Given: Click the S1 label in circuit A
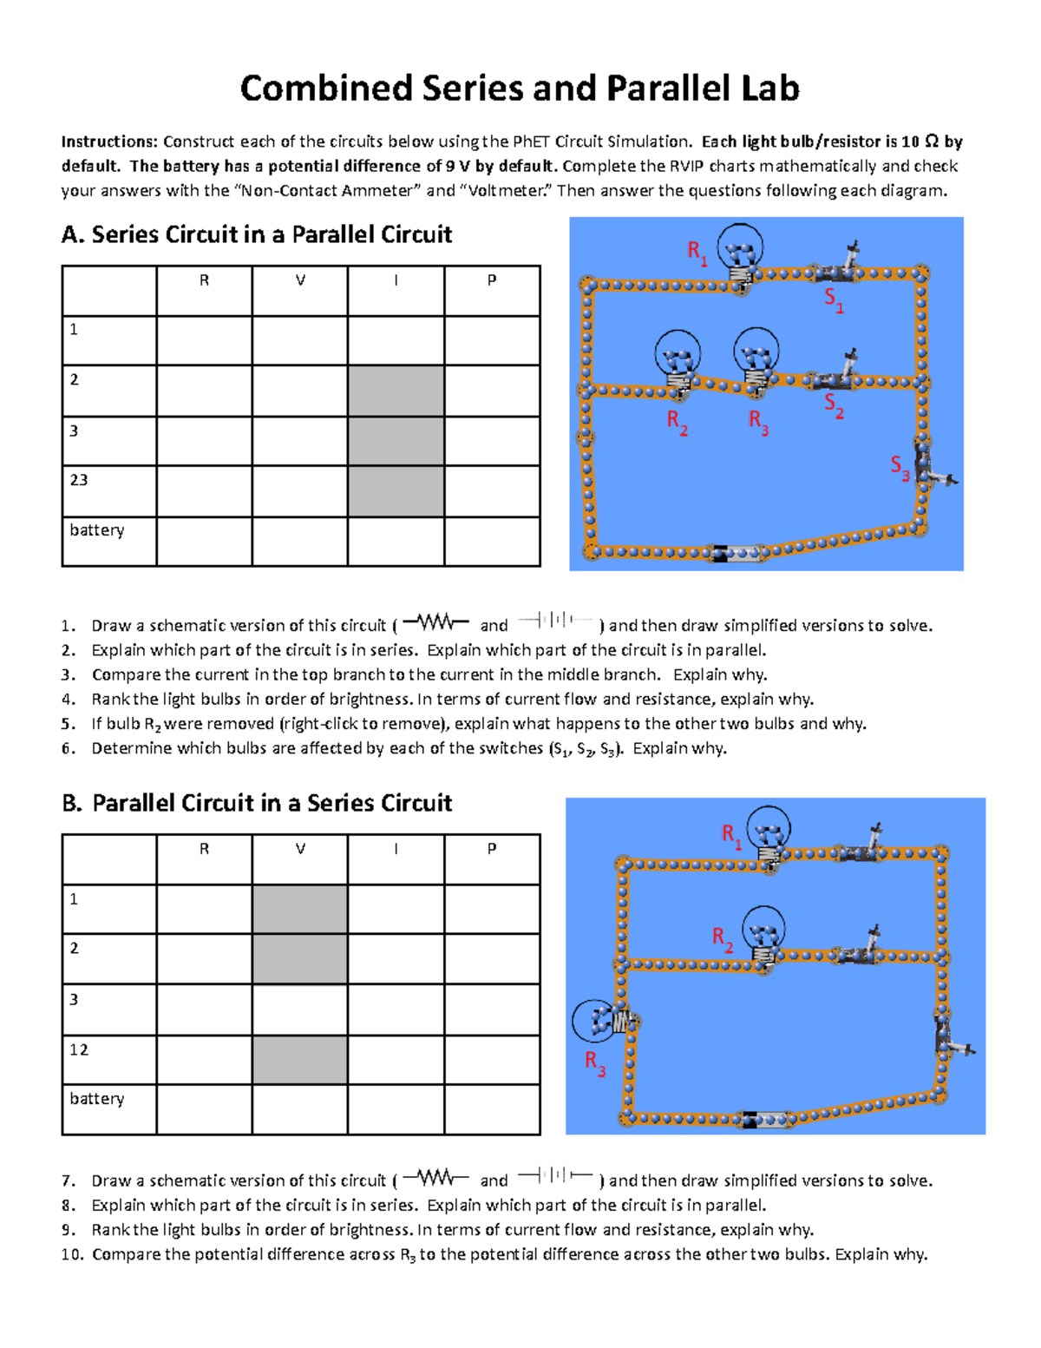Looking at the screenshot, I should tap(834, 300).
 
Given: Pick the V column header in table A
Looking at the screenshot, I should tap(300, 280).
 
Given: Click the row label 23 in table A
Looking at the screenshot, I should tap(79, 480).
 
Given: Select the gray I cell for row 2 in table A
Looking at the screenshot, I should tap(396, 391).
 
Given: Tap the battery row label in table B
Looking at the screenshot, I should tap(97, 1099).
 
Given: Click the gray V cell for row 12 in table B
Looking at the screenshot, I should tap(300, 1059).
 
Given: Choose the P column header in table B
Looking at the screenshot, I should tap(492, 849).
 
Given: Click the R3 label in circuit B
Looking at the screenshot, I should tap(594, 1062).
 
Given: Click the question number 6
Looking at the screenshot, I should tap(69, 748).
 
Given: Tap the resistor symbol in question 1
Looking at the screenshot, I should tap(435, 622).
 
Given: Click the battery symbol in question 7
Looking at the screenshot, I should tap(555, 1177).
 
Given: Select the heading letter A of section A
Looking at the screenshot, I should tap(71, 234).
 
